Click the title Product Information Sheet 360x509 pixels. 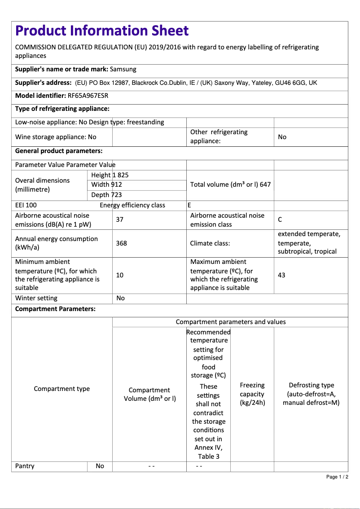click(102, 31)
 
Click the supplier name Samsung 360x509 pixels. click(123, 69)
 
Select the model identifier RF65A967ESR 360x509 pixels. click(88, 96)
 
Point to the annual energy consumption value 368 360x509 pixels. click(121, 243)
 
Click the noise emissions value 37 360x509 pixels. click(119, 219)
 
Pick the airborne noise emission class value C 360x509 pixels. click(280, 219)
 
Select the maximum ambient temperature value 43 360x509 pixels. click(281, 275)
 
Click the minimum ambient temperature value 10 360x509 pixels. click(119, 275)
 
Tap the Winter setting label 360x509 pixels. click(36, 298)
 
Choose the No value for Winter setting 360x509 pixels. click(120, 298)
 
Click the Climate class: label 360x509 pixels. click(210, 243)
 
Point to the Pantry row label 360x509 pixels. click(25, 466)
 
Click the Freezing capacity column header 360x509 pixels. click(252, 394)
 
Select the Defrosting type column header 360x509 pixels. click(311, 394)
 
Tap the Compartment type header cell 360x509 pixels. click(62, 389)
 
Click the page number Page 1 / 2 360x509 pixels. click(337, 477)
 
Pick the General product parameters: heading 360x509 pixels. click(59, 151)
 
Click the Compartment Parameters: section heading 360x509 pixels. click(55, 309)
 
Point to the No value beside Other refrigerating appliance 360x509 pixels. click(282, 137)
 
